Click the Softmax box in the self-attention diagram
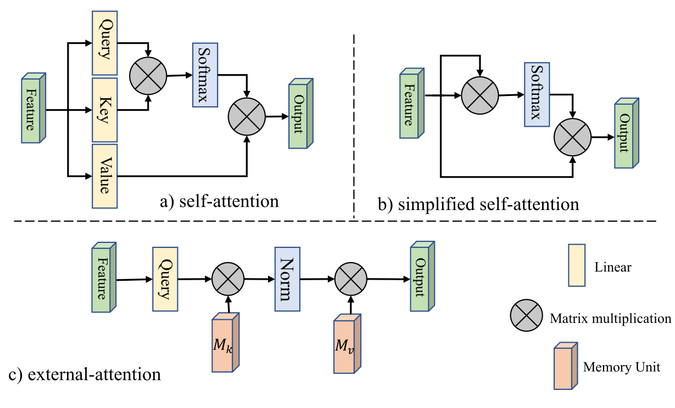(x=205, y=73)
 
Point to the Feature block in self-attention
(x=33, y=109)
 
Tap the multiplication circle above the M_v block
(x=350, y=279)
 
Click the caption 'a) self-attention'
(x=219, y=201)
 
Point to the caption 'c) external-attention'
(x=85, y=376)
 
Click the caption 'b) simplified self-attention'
(x=478, y=205)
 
